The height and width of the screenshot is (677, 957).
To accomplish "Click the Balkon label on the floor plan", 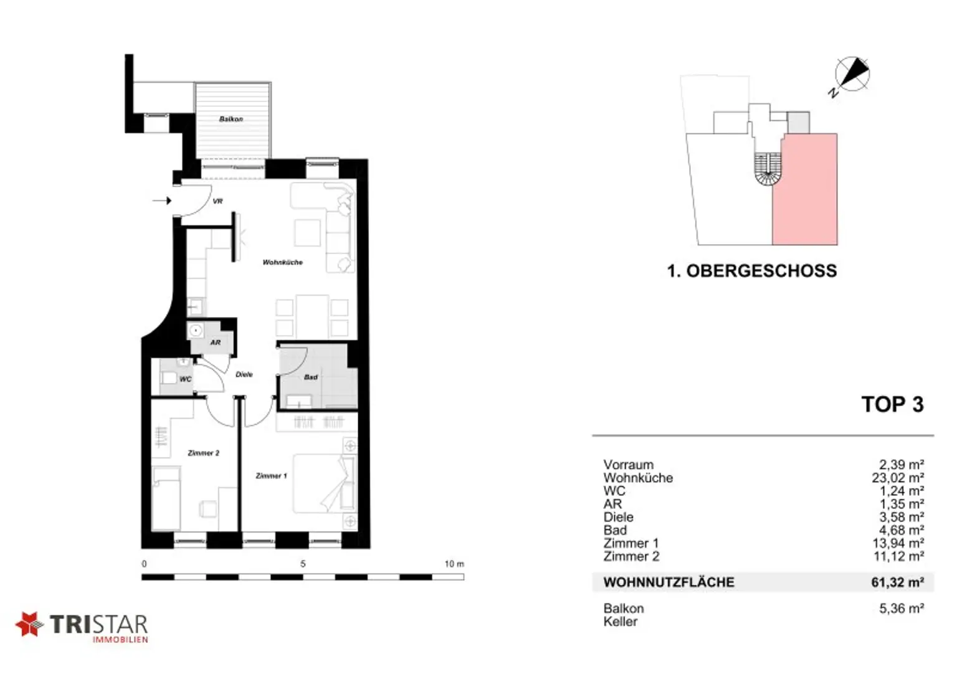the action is (x=231, y=119).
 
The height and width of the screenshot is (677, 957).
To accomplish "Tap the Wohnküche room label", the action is (x=282, y=262).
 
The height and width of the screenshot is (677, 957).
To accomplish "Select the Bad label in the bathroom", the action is (x=311, y=377).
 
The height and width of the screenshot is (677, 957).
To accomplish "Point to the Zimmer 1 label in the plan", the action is (x=271, y=476).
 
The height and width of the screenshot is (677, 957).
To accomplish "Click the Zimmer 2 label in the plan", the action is (x=203, y=453).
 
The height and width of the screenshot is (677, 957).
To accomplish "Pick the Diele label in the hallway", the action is (x=244, y=374).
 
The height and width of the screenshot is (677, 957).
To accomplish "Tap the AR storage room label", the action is (x=216, y=343).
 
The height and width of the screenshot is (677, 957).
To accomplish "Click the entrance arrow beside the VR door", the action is (x=162, y=201).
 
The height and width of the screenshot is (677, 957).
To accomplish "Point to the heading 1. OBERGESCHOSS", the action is (x=752, y=271).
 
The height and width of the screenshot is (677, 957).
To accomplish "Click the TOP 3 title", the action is (x=892, y=404).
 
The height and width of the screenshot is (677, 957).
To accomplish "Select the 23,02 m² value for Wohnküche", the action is (x=898, y=478).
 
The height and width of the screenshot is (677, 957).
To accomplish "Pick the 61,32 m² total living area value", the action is (x=898, y=582).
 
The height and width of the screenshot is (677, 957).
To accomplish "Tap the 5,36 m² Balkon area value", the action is (x=902, y=608).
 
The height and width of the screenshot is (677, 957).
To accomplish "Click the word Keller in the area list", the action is (x=621, y=622).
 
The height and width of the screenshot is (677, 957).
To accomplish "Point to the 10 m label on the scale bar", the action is (x=454, y=564).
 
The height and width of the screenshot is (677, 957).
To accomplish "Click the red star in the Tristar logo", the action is (x=29, y=624).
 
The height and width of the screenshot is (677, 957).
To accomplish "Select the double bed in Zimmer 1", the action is (x=324, y=483).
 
